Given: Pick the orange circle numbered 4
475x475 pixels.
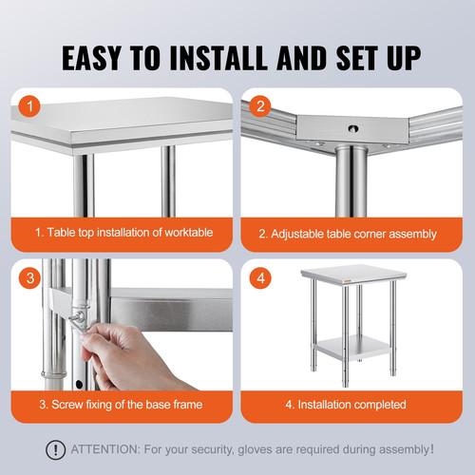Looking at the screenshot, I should pyautogui.click(x=260, y=279).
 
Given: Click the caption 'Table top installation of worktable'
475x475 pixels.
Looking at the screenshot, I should pyautogui.click(x=123, y=233).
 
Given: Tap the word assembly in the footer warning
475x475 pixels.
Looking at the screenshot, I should pyautogui.click(x=405, y=449).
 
